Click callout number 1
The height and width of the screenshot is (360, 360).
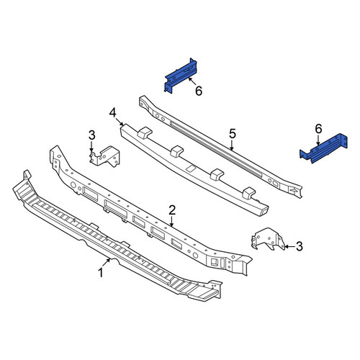[x=101, y=273]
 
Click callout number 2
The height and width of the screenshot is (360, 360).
[x=172, y=210]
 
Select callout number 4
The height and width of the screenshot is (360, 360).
[x=113, y=113]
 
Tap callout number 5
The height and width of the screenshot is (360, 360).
[x=233, y=133]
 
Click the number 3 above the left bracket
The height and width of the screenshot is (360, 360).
[x=92, y=135]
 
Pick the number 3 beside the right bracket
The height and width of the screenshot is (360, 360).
[x=299, y=246]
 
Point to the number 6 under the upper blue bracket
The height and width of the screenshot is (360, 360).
[x=199, y=91]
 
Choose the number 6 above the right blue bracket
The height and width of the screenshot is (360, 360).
[x=318, y=130]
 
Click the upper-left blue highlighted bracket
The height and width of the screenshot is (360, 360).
[x=181, y=75]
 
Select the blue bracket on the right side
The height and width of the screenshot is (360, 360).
[x=323, y=149]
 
